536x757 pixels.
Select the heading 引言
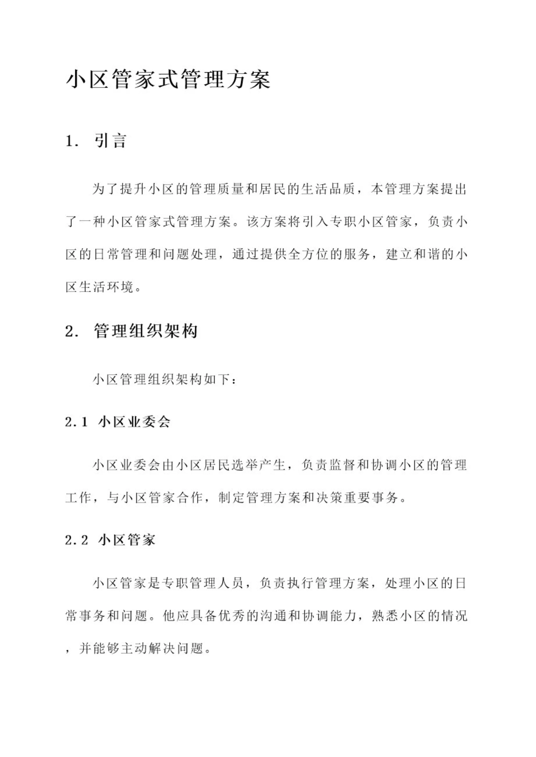pos(110,141)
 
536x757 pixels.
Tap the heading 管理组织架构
pos(145,331)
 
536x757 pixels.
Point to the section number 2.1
pos(76,422)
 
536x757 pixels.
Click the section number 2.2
pos(76,540)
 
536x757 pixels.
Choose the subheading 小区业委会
pos(134,422)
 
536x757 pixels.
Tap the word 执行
pos(295,584)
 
